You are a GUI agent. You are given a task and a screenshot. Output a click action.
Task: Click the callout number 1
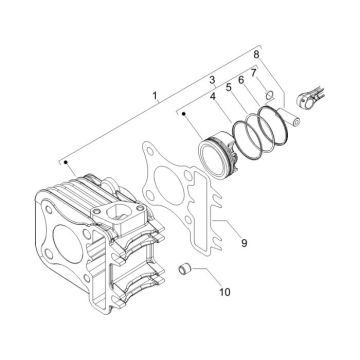tap(155, 98)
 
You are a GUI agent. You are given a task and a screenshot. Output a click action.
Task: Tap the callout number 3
tap(212, 78)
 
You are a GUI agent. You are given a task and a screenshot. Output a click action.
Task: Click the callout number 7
tap(254, 72)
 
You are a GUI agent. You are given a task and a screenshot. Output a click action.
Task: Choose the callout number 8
tap(256, 52)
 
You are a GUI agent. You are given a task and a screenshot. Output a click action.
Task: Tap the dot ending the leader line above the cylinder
tap(64, 160)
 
